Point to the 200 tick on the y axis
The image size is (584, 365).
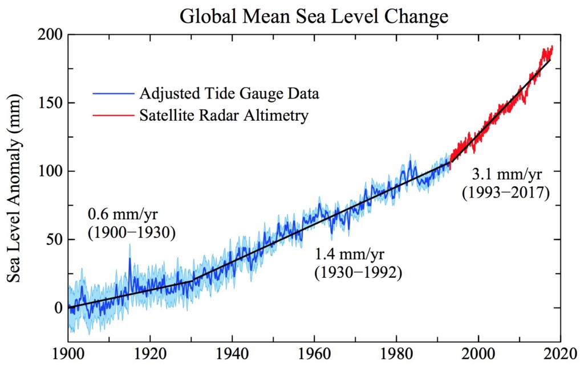click(50, 35)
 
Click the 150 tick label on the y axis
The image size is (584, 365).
click(50, 103)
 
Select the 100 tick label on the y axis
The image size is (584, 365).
click(50, 171)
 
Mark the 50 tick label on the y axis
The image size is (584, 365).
click(54, 240)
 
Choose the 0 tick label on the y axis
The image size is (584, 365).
click(58, 308)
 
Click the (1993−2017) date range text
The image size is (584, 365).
click(505, 193)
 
